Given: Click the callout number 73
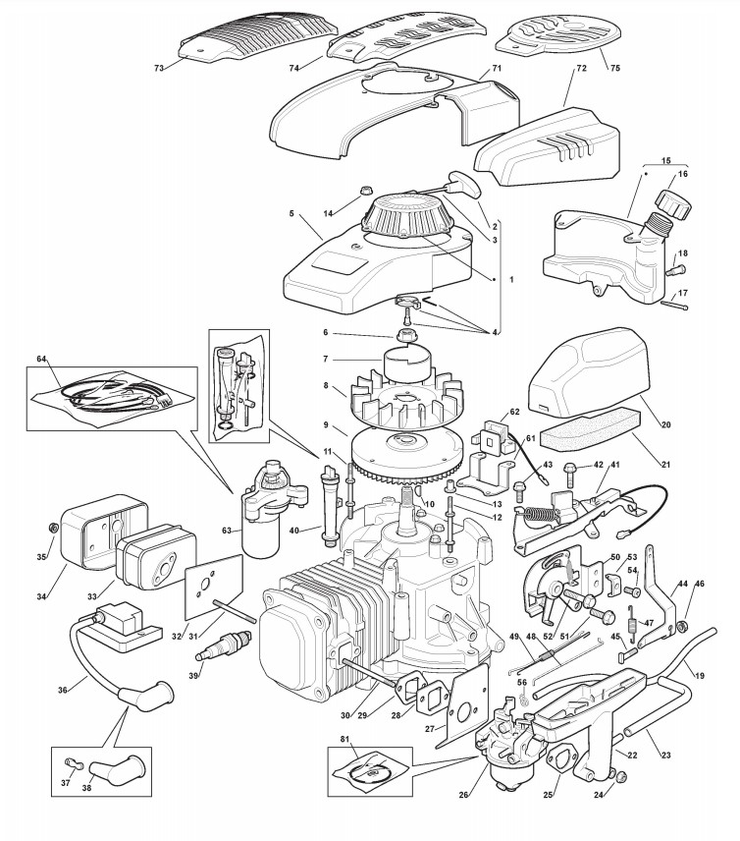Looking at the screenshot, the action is pos(159,68).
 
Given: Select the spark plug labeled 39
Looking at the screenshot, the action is pos(231,645).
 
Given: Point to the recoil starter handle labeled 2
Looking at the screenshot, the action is pos(464,184).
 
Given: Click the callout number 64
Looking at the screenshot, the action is pos(42,359).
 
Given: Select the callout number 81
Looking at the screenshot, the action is pos(344,739).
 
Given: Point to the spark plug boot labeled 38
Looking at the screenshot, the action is pos(117,772).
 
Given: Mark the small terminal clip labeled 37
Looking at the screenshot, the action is pos(69,762).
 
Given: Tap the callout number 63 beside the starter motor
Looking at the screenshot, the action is pos(227,531).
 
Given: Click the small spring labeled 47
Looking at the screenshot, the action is pos(634,623).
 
